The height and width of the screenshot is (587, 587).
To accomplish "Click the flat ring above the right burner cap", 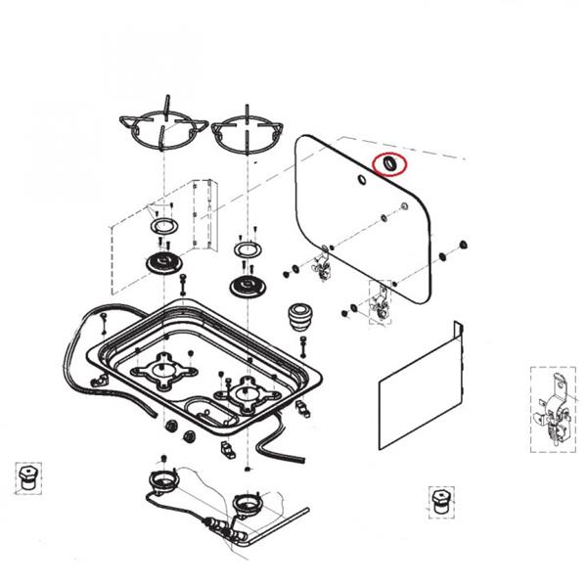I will point(246,251).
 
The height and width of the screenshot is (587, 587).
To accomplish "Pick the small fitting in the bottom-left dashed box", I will point(27,479).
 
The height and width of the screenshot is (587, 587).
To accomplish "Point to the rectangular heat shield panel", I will point(419,389).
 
